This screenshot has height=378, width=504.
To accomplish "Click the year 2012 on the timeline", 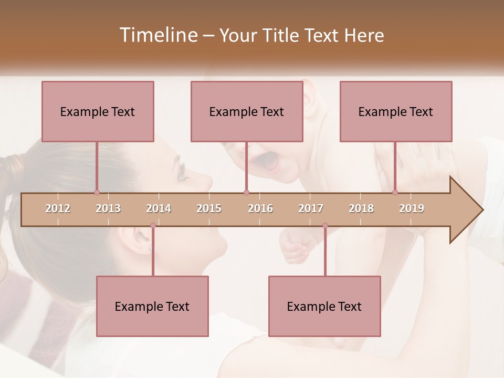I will coord(58,208).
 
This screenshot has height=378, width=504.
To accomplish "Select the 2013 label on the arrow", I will coord(108,208).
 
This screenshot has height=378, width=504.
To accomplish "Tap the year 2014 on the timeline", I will coord(159,208).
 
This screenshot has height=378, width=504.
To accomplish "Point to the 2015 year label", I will coord(209,208).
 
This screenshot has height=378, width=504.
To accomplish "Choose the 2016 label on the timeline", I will coord(260,208).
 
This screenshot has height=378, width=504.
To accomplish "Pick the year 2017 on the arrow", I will coord(311,208).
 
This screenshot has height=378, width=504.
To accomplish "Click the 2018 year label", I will coord(361,208).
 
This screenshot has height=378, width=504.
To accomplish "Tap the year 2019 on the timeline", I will coord(412,208).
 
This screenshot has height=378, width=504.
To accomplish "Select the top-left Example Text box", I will coord(98,111).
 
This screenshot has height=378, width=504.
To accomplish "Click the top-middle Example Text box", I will coord(247,111).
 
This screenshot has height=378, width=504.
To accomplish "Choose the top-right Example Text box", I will coord(396,111).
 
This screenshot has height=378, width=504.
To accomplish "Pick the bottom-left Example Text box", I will coord(152,306).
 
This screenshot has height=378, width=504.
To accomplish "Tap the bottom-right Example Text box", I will coord(324,306).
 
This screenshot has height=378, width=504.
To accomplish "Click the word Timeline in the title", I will coord(157,35).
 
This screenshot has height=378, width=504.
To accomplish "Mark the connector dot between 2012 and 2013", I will coord(97,192).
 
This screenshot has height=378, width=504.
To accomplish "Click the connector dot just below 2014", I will coord(153,226).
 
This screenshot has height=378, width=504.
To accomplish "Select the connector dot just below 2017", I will coord(325,226).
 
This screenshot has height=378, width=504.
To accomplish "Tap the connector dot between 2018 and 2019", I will coord(395,192).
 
